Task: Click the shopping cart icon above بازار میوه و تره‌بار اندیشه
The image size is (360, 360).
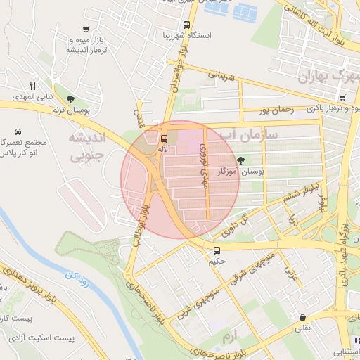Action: [x=86, y=30]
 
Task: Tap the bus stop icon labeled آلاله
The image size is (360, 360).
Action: [x=164, y=139]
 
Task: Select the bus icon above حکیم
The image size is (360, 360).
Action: [x=217, y=250]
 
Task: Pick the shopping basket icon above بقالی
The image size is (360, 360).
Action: [x=302, y=317]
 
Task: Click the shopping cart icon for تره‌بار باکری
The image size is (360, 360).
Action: [x=342, y=98]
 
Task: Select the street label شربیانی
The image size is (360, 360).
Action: [x=215, y=74]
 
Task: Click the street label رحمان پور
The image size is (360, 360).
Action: [x=274, y=110]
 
